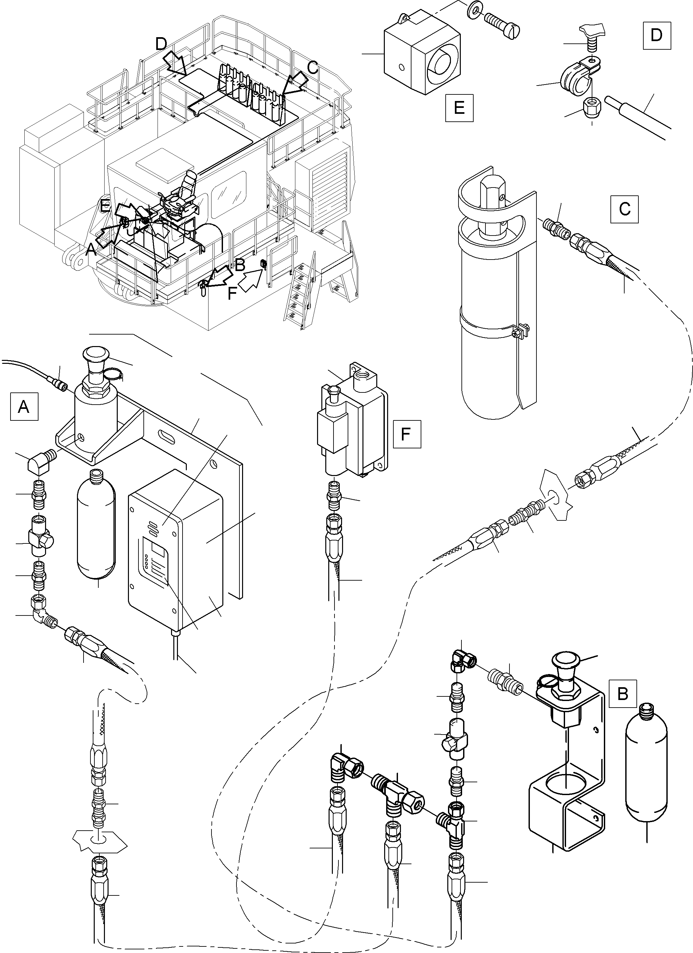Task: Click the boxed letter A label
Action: [24, 406]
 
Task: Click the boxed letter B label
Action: [622, 693]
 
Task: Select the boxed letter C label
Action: [625, 209]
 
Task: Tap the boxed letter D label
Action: [656, 35]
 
